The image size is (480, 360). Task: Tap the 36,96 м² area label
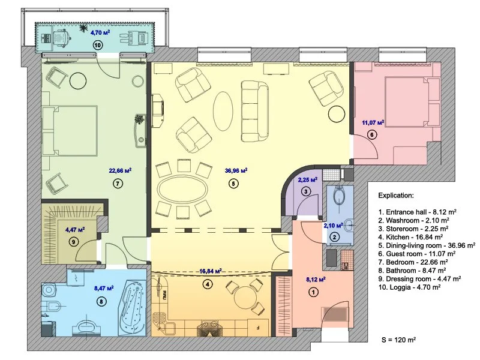pos(236,170)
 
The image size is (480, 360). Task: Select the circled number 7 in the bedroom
pos(118,184)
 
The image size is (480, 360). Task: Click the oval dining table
pos(182,188)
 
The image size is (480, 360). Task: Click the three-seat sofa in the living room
pos(254,112)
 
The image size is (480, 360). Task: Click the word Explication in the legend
pos(396,196)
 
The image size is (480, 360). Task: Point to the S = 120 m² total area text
pos(398,340)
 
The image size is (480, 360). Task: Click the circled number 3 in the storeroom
pos(306,192)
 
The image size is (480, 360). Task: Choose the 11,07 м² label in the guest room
pos(373,123)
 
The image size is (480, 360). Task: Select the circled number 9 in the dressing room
pos(73,242)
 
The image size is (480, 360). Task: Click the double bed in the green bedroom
pos(70,131)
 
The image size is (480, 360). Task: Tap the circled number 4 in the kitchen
pos(208,284)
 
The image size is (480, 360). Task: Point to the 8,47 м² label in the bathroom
pos(104,289)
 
